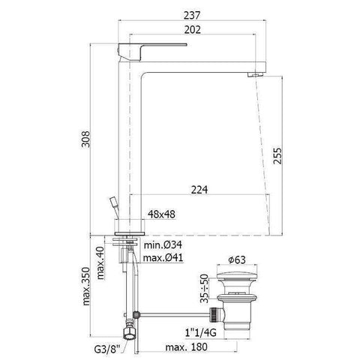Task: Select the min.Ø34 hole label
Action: [x=163, y=246]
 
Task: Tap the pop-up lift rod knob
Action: [x=112, y=202]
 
